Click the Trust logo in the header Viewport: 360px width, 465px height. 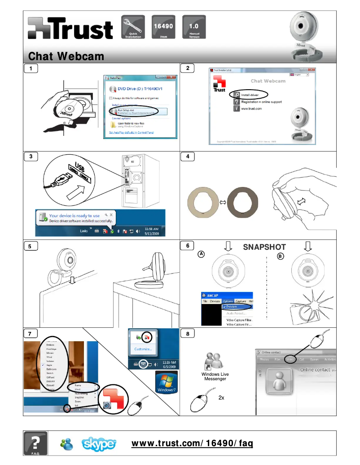pyautogui.click(x=70, y=29)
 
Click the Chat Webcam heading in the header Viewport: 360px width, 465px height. pyautogui.click(x=66, y=56)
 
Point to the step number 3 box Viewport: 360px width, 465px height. pyautogui.click(x=31, y=156)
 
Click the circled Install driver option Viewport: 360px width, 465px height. pyautogui.click(x=250, y=95)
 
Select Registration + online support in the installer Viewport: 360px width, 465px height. pyautogui.click(x=261, y=102)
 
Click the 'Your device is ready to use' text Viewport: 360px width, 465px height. pyautogui.click(x=75, y=216)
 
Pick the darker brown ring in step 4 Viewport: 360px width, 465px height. pyautogui.click(x=243, y=202)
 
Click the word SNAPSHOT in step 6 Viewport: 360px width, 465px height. pyautogui.click(x=264, y=247)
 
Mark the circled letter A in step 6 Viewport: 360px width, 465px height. pyautogui.click(x=202, y=254)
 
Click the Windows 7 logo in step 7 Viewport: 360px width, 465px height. pyautogui.click(x=165, y=382)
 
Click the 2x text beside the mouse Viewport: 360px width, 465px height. pyautogui.click(x=221, y=397)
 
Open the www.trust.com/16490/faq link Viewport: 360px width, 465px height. pyautogui.click(x=192, y=443)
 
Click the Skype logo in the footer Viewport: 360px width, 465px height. pyautogui.click(x=99, y=444)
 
